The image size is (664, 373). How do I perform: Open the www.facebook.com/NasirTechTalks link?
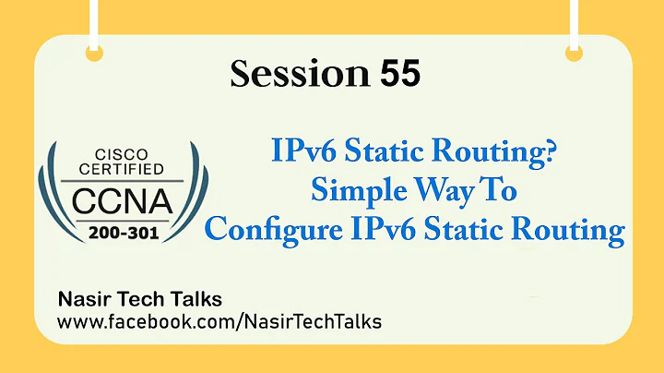coord(219,322)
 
